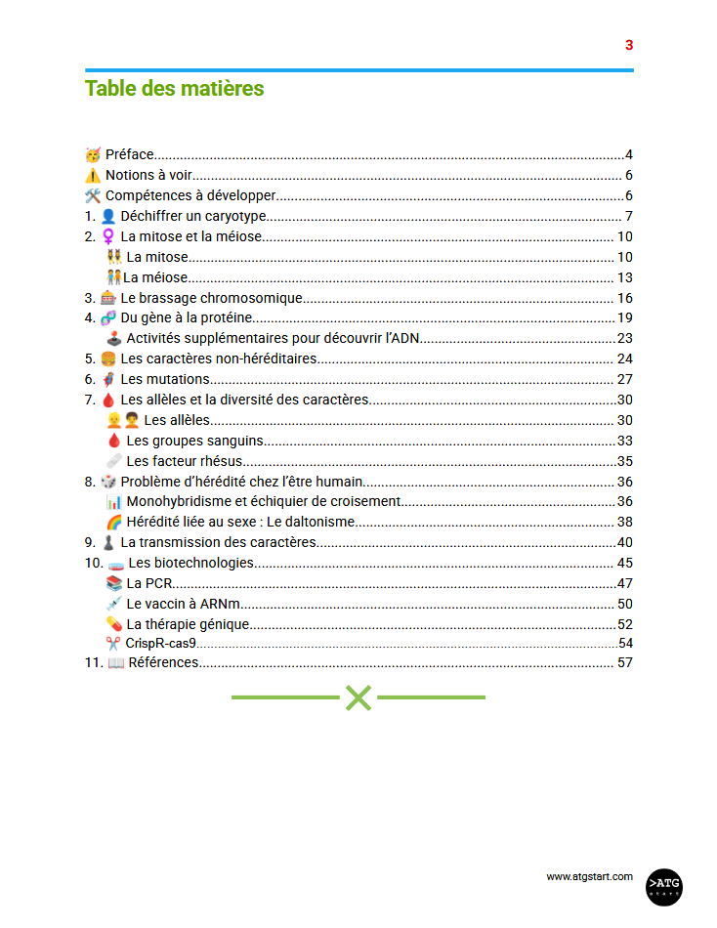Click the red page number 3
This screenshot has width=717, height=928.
629,45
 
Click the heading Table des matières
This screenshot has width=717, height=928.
174,88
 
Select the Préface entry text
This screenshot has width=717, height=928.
129,154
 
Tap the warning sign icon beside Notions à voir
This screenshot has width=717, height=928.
93,176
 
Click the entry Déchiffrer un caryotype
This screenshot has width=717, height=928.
193,216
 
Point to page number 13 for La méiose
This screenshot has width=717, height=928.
625,277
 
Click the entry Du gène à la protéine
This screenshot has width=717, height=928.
187,317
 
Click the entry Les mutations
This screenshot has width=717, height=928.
164,379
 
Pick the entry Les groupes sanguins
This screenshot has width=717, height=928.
195,441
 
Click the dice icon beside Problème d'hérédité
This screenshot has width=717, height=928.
107,482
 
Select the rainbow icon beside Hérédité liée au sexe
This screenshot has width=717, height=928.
113,522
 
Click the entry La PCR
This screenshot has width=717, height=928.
149,583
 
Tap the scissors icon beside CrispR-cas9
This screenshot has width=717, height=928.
113,644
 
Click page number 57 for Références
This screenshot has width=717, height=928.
625,662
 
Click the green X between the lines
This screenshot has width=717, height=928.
358,697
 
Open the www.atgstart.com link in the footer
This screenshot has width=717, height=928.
589,876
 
